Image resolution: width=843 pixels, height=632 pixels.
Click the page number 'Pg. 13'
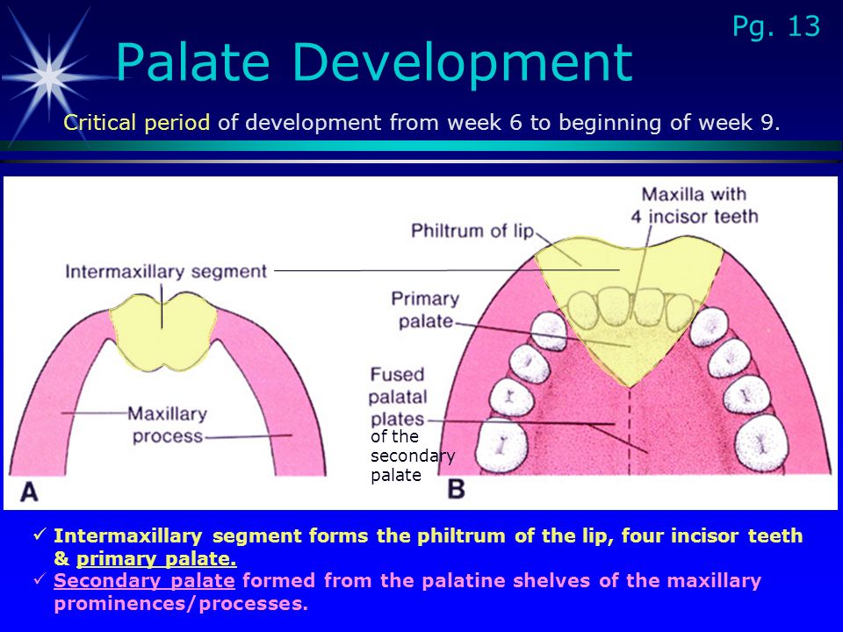point(775,27)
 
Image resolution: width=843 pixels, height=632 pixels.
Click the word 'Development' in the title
point(463,63)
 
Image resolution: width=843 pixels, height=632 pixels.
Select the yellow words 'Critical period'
point(137,123)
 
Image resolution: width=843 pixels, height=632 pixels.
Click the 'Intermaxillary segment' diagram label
point(166,271)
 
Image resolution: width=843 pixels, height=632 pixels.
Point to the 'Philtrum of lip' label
point(472,231)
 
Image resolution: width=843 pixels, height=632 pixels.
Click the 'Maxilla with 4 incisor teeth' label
point(694,205)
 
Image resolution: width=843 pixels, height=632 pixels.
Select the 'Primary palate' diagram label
point(425,310)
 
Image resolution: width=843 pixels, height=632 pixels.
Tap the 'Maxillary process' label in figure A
point(167,425)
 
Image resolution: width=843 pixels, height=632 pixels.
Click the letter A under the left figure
point(29,492)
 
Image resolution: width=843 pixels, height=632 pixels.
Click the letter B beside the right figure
point(456,489)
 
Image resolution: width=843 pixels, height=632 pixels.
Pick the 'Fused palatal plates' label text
point(398,397)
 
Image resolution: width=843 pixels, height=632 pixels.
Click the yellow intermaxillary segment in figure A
point(163,332)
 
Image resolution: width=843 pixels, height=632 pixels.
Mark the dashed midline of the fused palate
point(630,431)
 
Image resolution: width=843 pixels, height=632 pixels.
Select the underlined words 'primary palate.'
point(156,559)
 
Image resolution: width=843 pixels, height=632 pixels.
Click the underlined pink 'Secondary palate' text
point(144,581)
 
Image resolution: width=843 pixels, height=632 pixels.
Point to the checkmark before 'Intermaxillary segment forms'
point(40,535)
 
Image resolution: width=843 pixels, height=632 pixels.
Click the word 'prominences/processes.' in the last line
point(181,604)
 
